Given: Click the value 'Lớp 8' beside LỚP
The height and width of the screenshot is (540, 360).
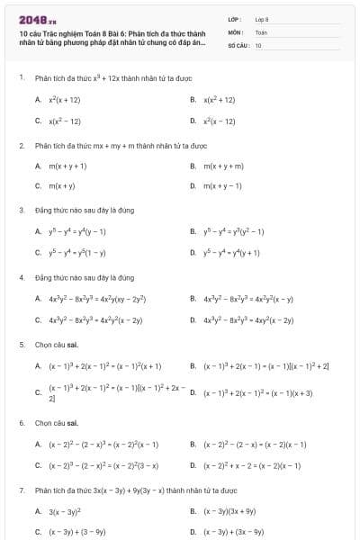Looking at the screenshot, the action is click(262, 19).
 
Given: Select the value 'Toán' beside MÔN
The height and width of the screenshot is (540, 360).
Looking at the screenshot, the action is click(261, 31).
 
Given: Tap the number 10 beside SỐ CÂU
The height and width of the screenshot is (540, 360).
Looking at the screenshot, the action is click(258, 44).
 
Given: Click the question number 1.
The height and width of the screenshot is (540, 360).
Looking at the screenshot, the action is click(21, 77).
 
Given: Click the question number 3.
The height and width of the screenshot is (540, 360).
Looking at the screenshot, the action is click(21, 210).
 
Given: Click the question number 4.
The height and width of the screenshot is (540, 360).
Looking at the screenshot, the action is click(21, 277).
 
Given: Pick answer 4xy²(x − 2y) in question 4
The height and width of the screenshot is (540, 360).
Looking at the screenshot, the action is click(236, 319).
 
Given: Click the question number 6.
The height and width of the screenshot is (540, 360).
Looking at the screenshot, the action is click(21, 422).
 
